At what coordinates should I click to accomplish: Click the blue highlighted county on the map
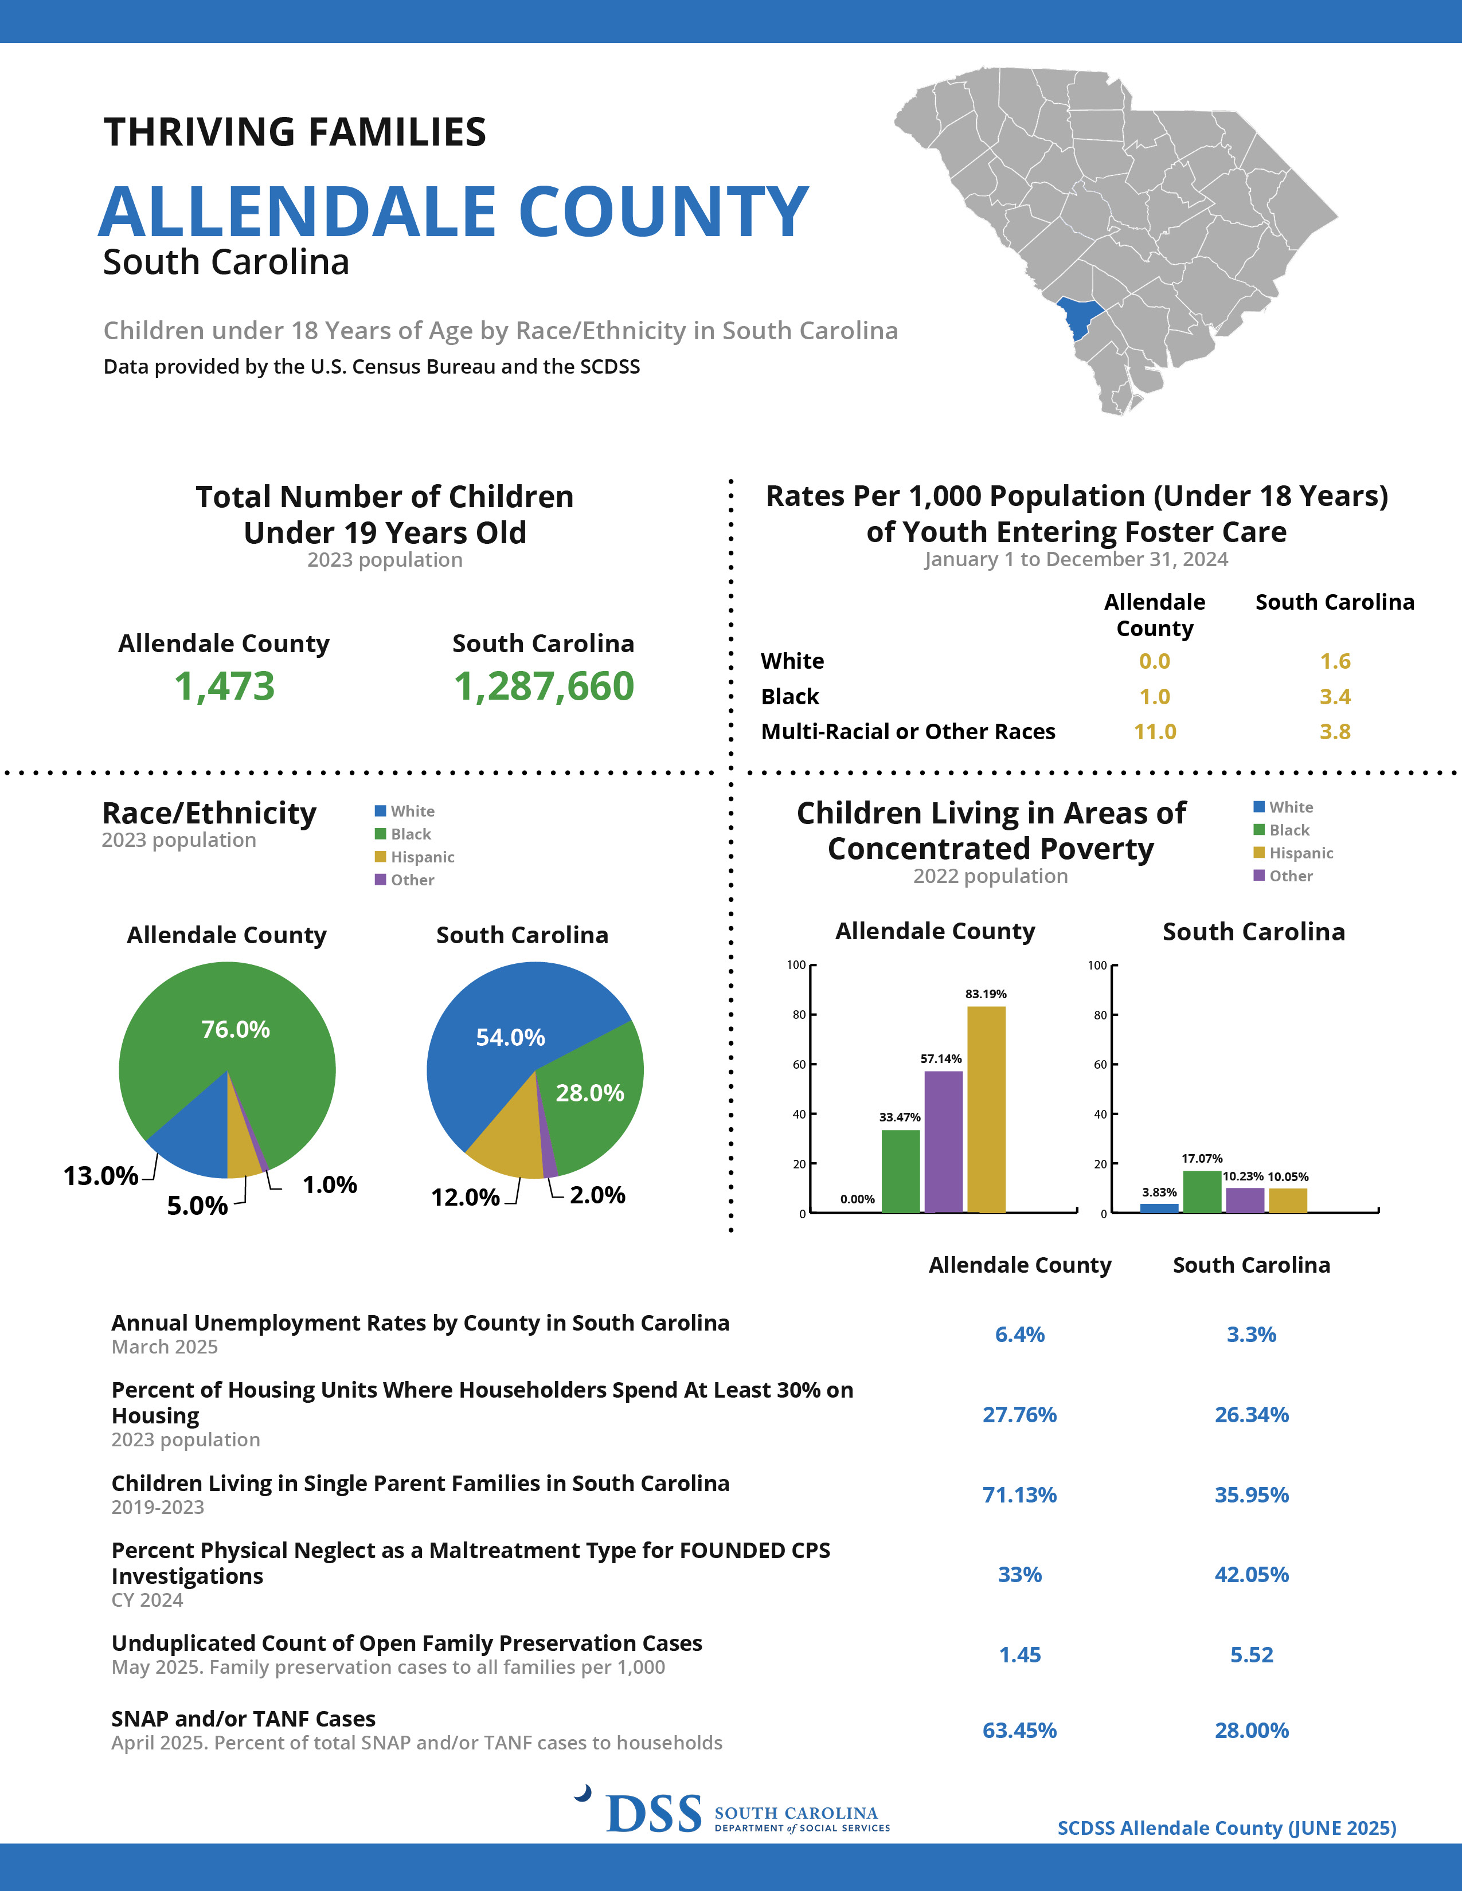click(x=1079, y=318)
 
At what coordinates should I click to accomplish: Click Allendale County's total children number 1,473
click(x=224, y=686)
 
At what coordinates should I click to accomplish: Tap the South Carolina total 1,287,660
click(x=544, y=686)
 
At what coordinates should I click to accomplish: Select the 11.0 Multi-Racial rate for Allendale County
click(x=1155, y=732)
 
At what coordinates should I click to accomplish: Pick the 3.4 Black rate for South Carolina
click(x=1335, y=696)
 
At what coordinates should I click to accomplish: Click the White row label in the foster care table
click(x=792, y=661)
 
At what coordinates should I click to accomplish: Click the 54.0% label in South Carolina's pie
click(x=510, y=1037)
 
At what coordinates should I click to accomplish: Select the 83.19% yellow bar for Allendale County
click(x=987, y=1109)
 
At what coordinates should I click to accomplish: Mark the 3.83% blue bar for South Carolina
click(x=1159, y=1209)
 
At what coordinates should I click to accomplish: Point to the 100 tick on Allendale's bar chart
click(x=796, y=964)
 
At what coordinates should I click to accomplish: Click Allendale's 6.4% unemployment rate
click(x=1019, y=1334)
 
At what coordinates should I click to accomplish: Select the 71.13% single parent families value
click(x=1019, y=1494)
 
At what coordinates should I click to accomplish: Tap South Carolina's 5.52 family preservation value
click(x=1252, y=1655)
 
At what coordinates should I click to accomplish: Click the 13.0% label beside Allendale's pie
click(x=100, y=1176)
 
